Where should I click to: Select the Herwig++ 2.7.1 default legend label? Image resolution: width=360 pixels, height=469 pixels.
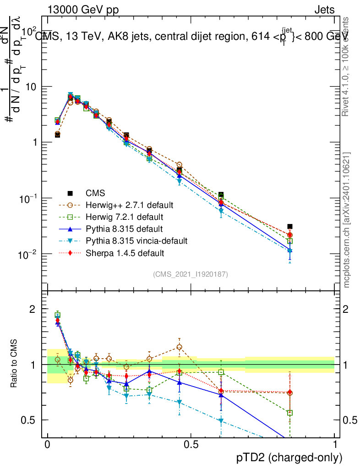tap(129, 205)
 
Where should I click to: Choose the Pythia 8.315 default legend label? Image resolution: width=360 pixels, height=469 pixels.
tap(124, 229)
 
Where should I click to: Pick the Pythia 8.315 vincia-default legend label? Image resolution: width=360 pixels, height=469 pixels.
tap(136, 240)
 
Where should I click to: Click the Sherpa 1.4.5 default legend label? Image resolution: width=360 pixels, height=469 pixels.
tap(125, 252)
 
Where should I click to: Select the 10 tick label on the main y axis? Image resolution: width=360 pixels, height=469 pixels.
tap(31, 87)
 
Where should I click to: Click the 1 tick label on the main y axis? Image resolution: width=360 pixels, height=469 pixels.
tap(34, 142)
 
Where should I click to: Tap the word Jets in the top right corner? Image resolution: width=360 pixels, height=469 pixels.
tap(324, 10)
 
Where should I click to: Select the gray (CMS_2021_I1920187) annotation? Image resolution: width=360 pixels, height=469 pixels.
tap(190, 274)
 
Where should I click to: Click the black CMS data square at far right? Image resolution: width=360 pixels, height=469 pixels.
tap(290, 226)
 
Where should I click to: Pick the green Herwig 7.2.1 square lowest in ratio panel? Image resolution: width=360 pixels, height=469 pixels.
tap(290, 413)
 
